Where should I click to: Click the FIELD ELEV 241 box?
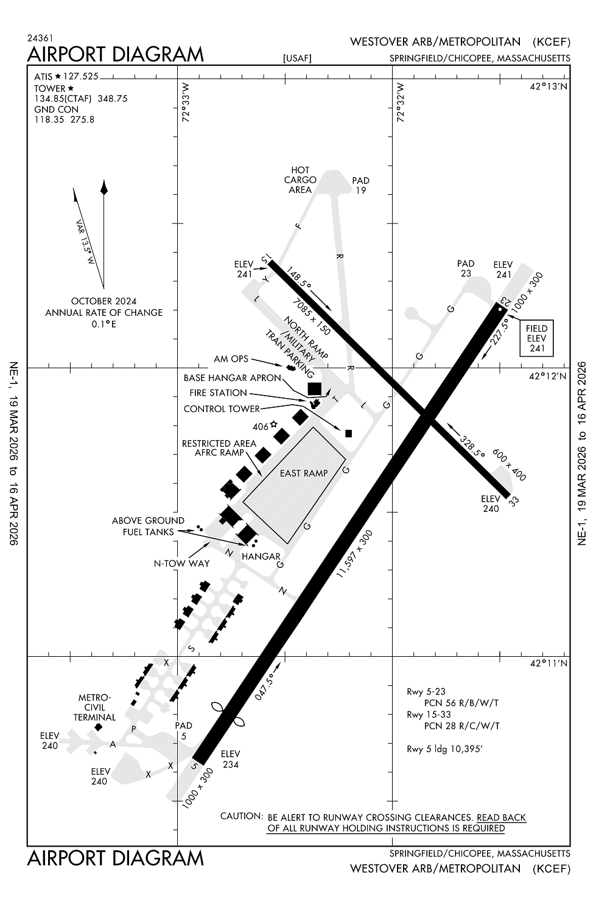click(536, 338)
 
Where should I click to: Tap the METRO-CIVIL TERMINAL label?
click(94, 707)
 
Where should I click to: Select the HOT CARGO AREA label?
click(300, 180)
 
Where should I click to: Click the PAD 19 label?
click(360, 186)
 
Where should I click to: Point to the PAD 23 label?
click(466, 268)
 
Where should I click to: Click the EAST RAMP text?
click(304, 473)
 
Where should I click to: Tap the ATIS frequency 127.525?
click(81, 77)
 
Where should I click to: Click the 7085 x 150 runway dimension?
click(311, 317)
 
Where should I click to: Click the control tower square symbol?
click(349, 433)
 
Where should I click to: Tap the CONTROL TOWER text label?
click(222, 409)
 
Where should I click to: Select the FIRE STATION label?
click(218, 393)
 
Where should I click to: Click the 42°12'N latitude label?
click(548, 376)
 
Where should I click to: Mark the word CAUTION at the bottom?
click(241, 816)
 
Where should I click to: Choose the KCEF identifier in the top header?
click(552, 42)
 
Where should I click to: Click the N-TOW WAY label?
click(181, 564)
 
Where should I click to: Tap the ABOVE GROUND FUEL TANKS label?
click(148, 526)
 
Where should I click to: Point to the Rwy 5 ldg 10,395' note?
click(444, 749)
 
